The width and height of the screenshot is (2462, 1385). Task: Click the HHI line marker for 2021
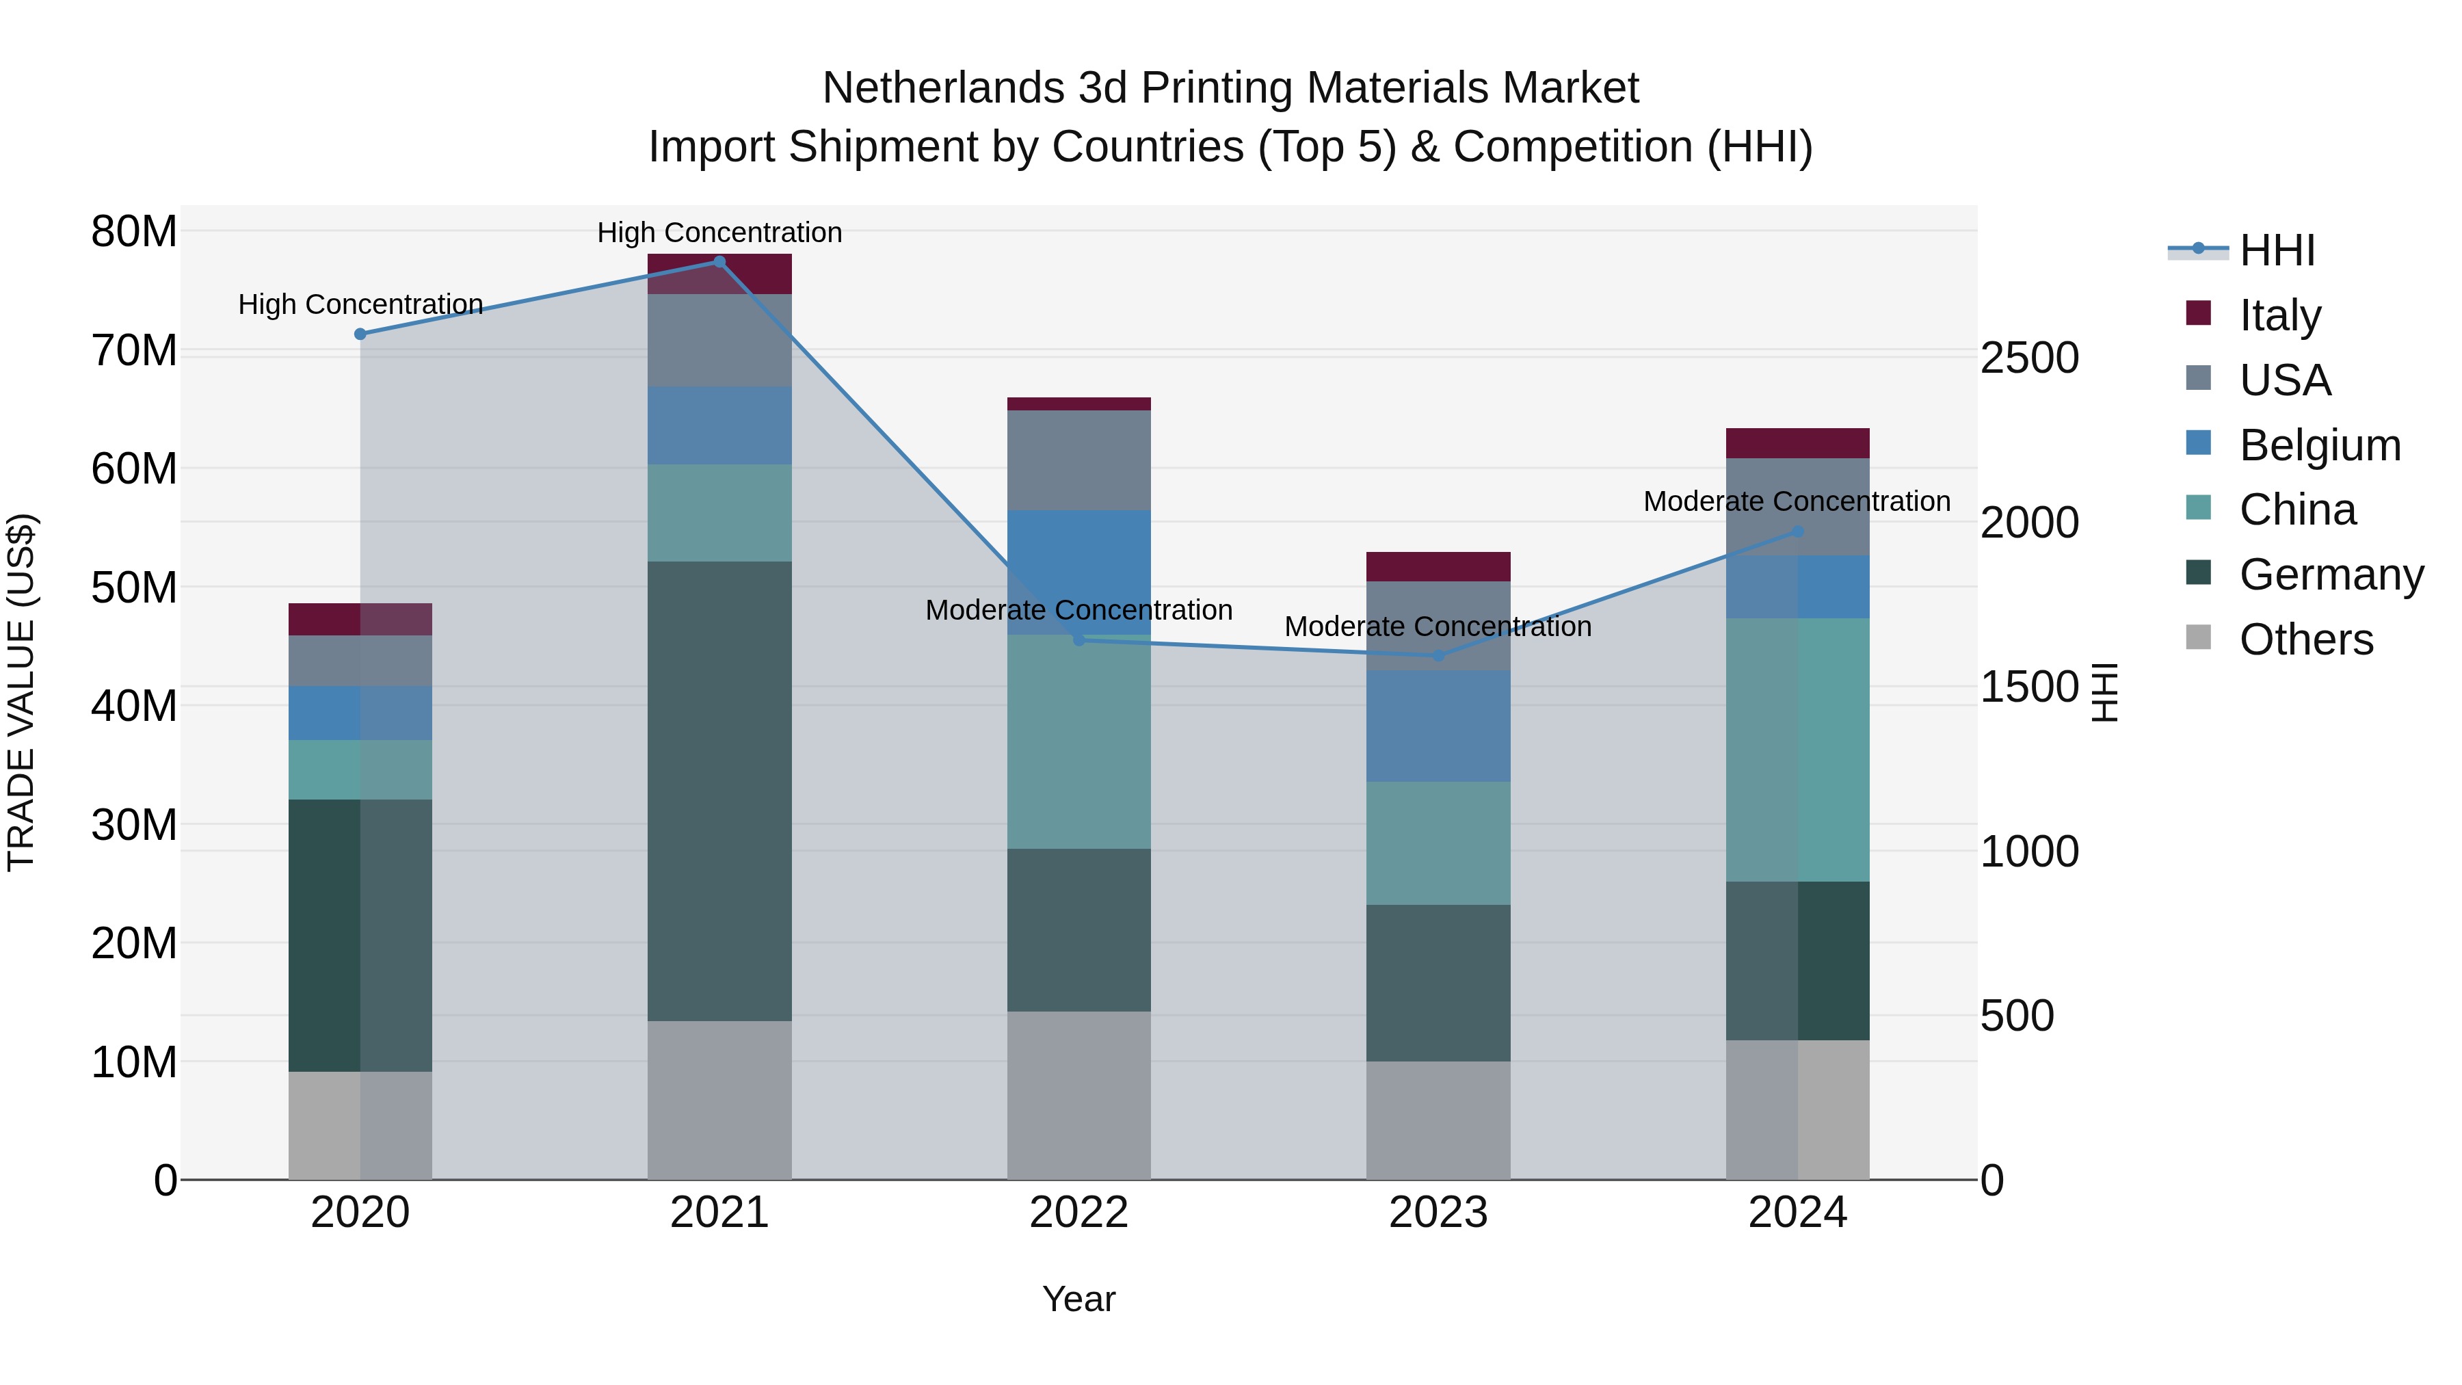tap(719, 262)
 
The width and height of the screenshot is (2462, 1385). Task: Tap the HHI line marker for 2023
tap(1438, 656)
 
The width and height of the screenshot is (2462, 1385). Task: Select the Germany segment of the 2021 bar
tap(719, 791)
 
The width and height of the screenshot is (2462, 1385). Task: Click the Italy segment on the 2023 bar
tap(1438, 567)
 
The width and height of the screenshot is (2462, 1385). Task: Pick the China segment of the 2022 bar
tap(1079, 741)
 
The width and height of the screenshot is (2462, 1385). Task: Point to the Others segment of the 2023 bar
tap(1438, 1120)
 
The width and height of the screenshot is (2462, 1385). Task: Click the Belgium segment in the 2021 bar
tap(719, 425)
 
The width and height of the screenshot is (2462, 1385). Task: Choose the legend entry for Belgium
tap(2320, 445)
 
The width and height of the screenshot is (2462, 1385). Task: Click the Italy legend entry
tap(2279, 315)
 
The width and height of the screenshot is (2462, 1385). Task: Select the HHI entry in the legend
tap(2277, 250)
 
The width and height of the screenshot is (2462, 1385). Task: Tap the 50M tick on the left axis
tap(134, 587)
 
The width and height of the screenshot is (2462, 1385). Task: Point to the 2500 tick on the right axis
tap(2029, 358)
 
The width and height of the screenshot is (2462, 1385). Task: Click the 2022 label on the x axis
tap(1079, 1213)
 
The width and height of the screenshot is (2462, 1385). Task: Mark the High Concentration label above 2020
tap(360, 304)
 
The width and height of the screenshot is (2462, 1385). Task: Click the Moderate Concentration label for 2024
tap(1797, 501)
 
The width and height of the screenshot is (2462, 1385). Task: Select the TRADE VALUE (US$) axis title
tap(21, 692)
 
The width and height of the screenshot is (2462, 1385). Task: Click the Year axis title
tap(1079, 1299)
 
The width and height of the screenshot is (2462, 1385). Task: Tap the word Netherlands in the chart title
tap(942, 88)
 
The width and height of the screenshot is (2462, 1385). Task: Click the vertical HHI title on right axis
tap(2106, 692)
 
